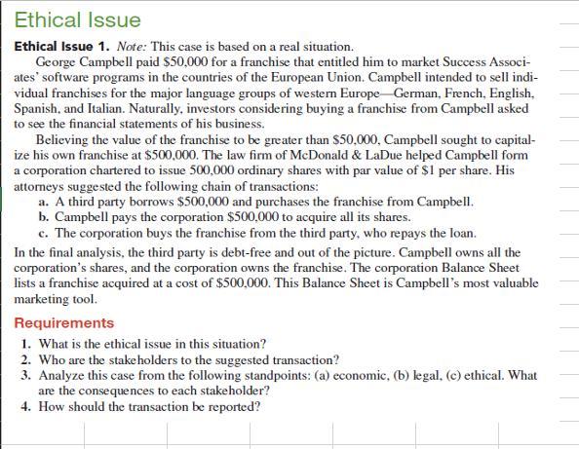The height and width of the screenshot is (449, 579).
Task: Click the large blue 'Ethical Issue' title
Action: (x=77, y=19)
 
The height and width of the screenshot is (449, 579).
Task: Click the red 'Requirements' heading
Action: (x=64, y=322)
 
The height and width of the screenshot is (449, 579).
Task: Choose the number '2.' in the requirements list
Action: (x=26, y=359)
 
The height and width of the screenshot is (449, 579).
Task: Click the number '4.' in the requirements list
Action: (x=26, y=406)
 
